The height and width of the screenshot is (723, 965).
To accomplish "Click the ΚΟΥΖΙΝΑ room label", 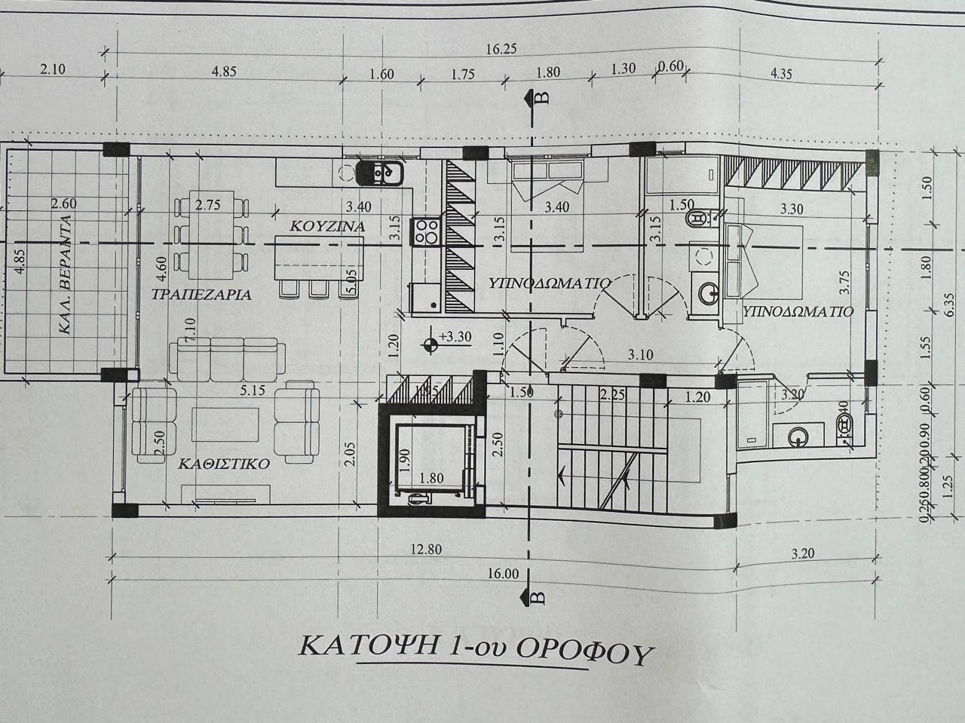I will click(328, 225).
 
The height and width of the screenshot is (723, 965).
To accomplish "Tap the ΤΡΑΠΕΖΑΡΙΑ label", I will click(201, 295).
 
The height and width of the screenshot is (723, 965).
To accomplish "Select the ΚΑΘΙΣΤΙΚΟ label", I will click(224, 464).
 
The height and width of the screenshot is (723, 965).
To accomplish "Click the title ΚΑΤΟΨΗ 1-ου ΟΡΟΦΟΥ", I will click(474, 649).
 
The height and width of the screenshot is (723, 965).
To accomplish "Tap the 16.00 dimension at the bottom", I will click(503, 574).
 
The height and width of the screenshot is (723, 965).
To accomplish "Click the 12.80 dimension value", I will click(426, 550).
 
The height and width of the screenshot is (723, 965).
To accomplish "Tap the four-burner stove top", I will click(426, 231).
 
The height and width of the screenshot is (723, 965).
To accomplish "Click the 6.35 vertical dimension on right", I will click(950, 302).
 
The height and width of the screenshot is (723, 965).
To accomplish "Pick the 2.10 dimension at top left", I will click(53, 71).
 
